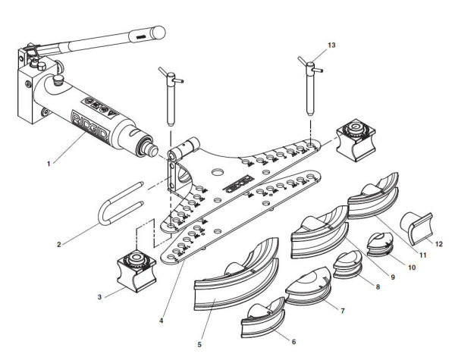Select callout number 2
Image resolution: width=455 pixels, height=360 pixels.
pos(58,244)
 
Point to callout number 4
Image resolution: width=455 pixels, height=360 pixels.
pos(161,321)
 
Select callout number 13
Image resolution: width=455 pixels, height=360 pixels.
pos(331,46)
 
